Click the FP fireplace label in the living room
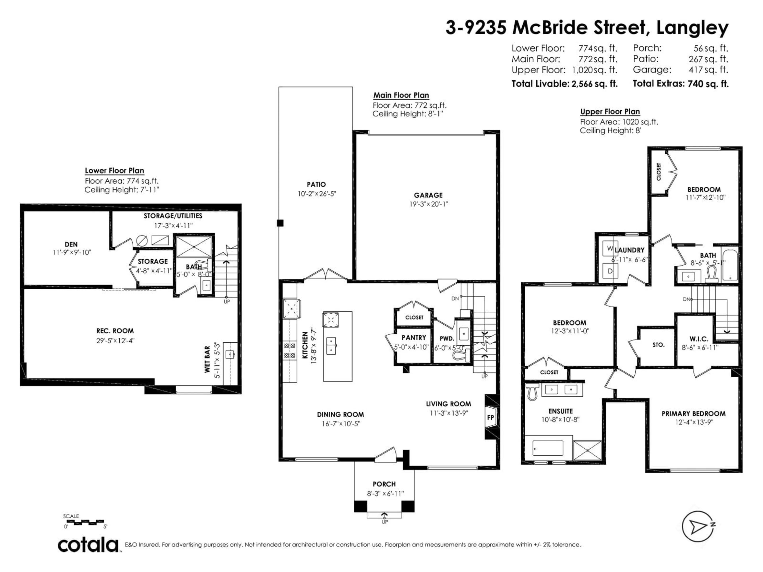490,417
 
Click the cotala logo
88,545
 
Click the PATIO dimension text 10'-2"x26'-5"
317,194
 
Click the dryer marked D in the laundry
609,271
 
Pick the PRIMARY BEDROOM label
693,413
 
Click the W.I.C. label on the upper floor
699,339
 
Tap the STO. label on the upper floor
658,344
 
